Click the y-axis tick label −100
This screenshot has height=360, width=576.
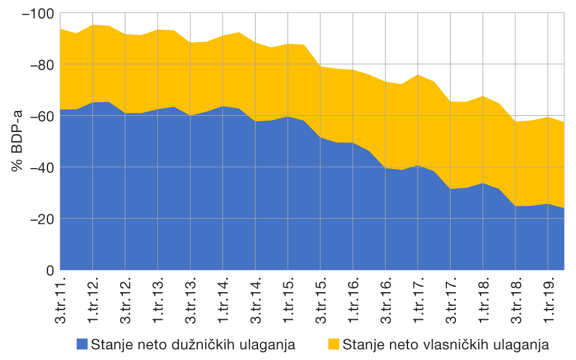click(37, 13)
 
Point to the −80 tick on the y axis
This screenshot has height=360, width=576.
click(39, 64)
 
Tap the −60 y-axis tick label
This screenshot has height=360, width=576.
click(39, 116)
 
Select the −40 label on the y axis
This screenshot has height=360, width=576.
click(39, 167)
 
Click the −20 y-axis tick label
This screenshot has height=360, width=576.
click(39, 219)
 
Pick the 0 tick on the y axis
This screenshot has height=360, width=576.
click(50, 271)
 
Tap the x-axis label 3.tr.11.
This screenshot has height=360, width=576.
click(61, 300)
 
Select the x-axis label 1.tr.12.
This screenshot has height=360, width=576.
click(93, 300)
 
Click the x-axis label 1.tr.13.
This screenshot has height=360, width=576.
click(158, 300)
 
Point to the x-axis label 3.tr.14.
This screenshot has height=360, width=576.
click(256, 300)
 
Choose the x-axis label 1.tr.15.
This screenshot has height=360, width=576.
click(288, 300)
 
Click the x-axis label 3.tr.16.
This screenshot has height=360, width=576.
click(385, 300)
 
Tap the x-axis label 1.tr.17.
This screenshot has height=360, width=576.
click(418, 300)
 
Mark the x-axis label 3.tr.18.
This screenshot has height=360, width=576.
click(515, 300)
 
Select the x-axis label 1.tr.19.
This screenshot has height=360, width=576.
click(548, 300)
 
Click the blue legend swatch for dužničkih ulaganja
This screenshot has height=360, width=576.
click(82, 344)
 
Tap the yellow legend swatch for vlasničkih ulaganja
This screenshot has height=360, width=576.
click(333, 344)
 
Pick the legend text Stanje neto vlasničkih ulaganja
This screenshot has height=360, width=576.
click(446, 344)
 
